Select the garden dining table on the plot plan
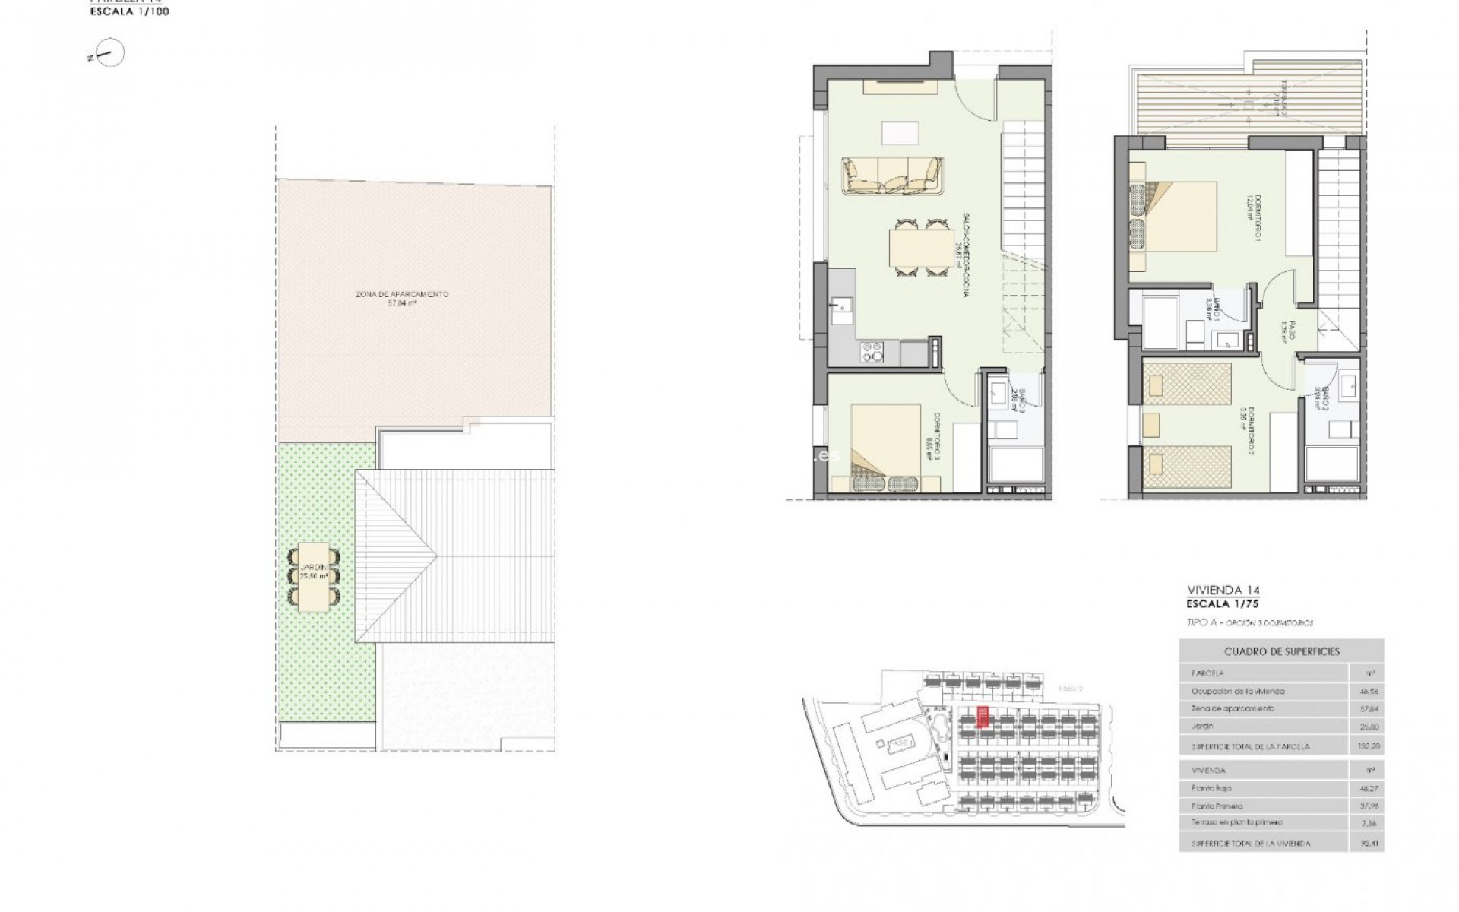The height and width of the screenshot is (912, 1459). coord(314,578)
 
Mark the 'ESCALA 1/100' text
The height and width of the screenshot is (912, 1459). coord(129,11)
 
